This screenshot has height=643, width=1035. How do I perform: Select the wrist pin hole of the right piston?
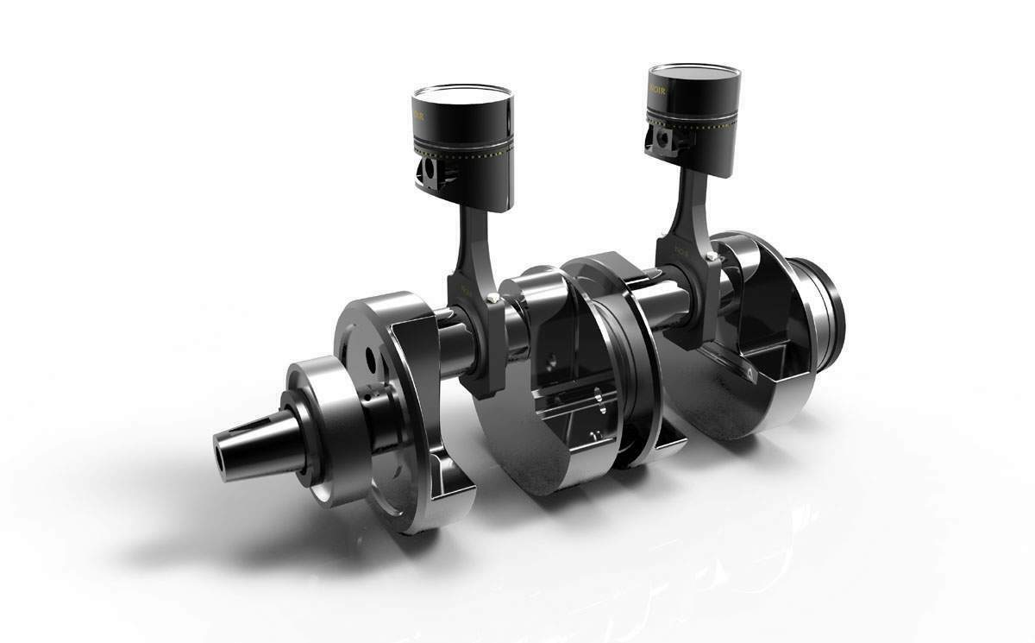tap(662, 139)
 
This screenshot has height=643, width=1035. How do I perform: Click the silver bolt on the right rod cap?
tap(710, 256)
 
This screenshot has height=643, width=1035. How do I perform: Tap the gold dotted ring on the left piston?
tap(466, 154)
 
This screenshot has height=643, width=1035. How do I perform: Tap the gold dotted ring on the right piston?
tap(699, 127)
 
